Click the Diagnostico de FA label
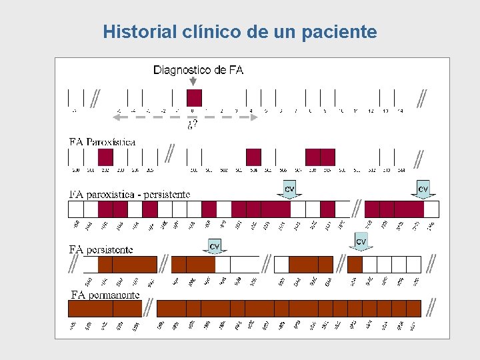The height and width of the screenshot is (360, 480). click(198, 70)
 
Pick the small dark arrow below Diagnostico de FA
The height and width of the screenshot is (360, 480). click(193, 82)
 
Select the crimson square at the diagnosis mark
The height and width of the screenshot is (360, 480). click(194, 97)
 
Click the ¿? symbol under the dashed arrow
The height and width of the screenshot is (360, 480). click(192, 125)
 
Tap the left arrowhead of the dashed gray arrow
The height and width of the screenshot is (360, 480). click(115, 117)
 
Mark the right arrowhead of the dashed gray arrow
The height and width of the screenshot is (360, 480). click(255, 117)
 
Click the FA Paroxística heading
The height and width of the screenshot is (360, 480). click(103, 142)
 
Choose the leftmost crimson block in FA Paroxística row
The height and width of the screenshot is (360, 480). click(105, 157)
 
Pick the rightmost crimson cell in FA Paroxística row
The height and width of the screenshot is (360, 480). click(327, 157)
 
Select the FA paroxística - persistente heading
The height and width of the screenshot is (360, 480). click(130, 195)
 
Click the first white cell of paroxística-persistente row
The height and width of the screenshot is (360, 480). click(76, 209)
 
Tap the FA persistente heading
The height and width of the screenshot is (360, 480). click(101, 249)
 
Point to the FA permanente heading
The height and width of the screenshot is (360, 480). click(105, 295)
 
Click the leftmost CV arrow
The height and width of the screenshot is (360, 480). click(215, 247)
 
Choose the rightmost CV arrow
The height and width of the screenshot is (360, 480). click(423, 191)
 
